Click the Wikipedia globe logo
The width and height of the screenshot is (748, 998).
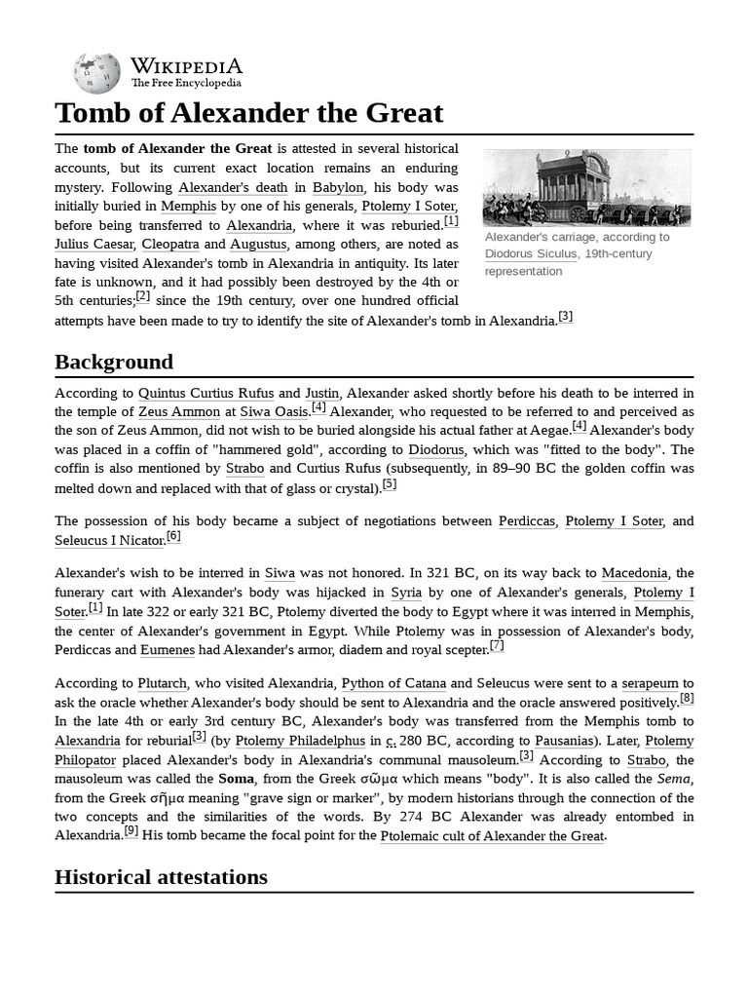coord(97,73)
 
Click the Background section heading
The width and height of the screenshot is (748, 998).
coord(114,362)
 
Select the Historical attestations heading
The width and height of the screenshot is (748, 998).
coord(161,876)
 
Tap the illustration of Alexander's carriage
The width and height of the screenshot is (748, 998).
coord(586,187)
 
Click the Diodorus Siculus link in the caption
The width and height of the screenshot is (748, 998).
coord(532,253)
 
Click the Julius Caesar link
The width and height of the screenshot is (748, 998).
coord(94,244)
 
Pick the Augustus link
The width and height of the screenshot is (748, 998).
coord(260,244)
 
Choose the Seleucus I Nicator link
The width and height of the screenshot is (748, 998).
coord(109,540)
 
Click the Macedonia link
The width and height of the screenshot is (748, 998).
coord(634,573)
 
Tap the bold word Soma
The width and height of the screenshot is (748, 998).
coord(235,779)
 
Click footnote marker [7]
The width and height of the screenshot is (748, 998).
coord(497,645)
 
